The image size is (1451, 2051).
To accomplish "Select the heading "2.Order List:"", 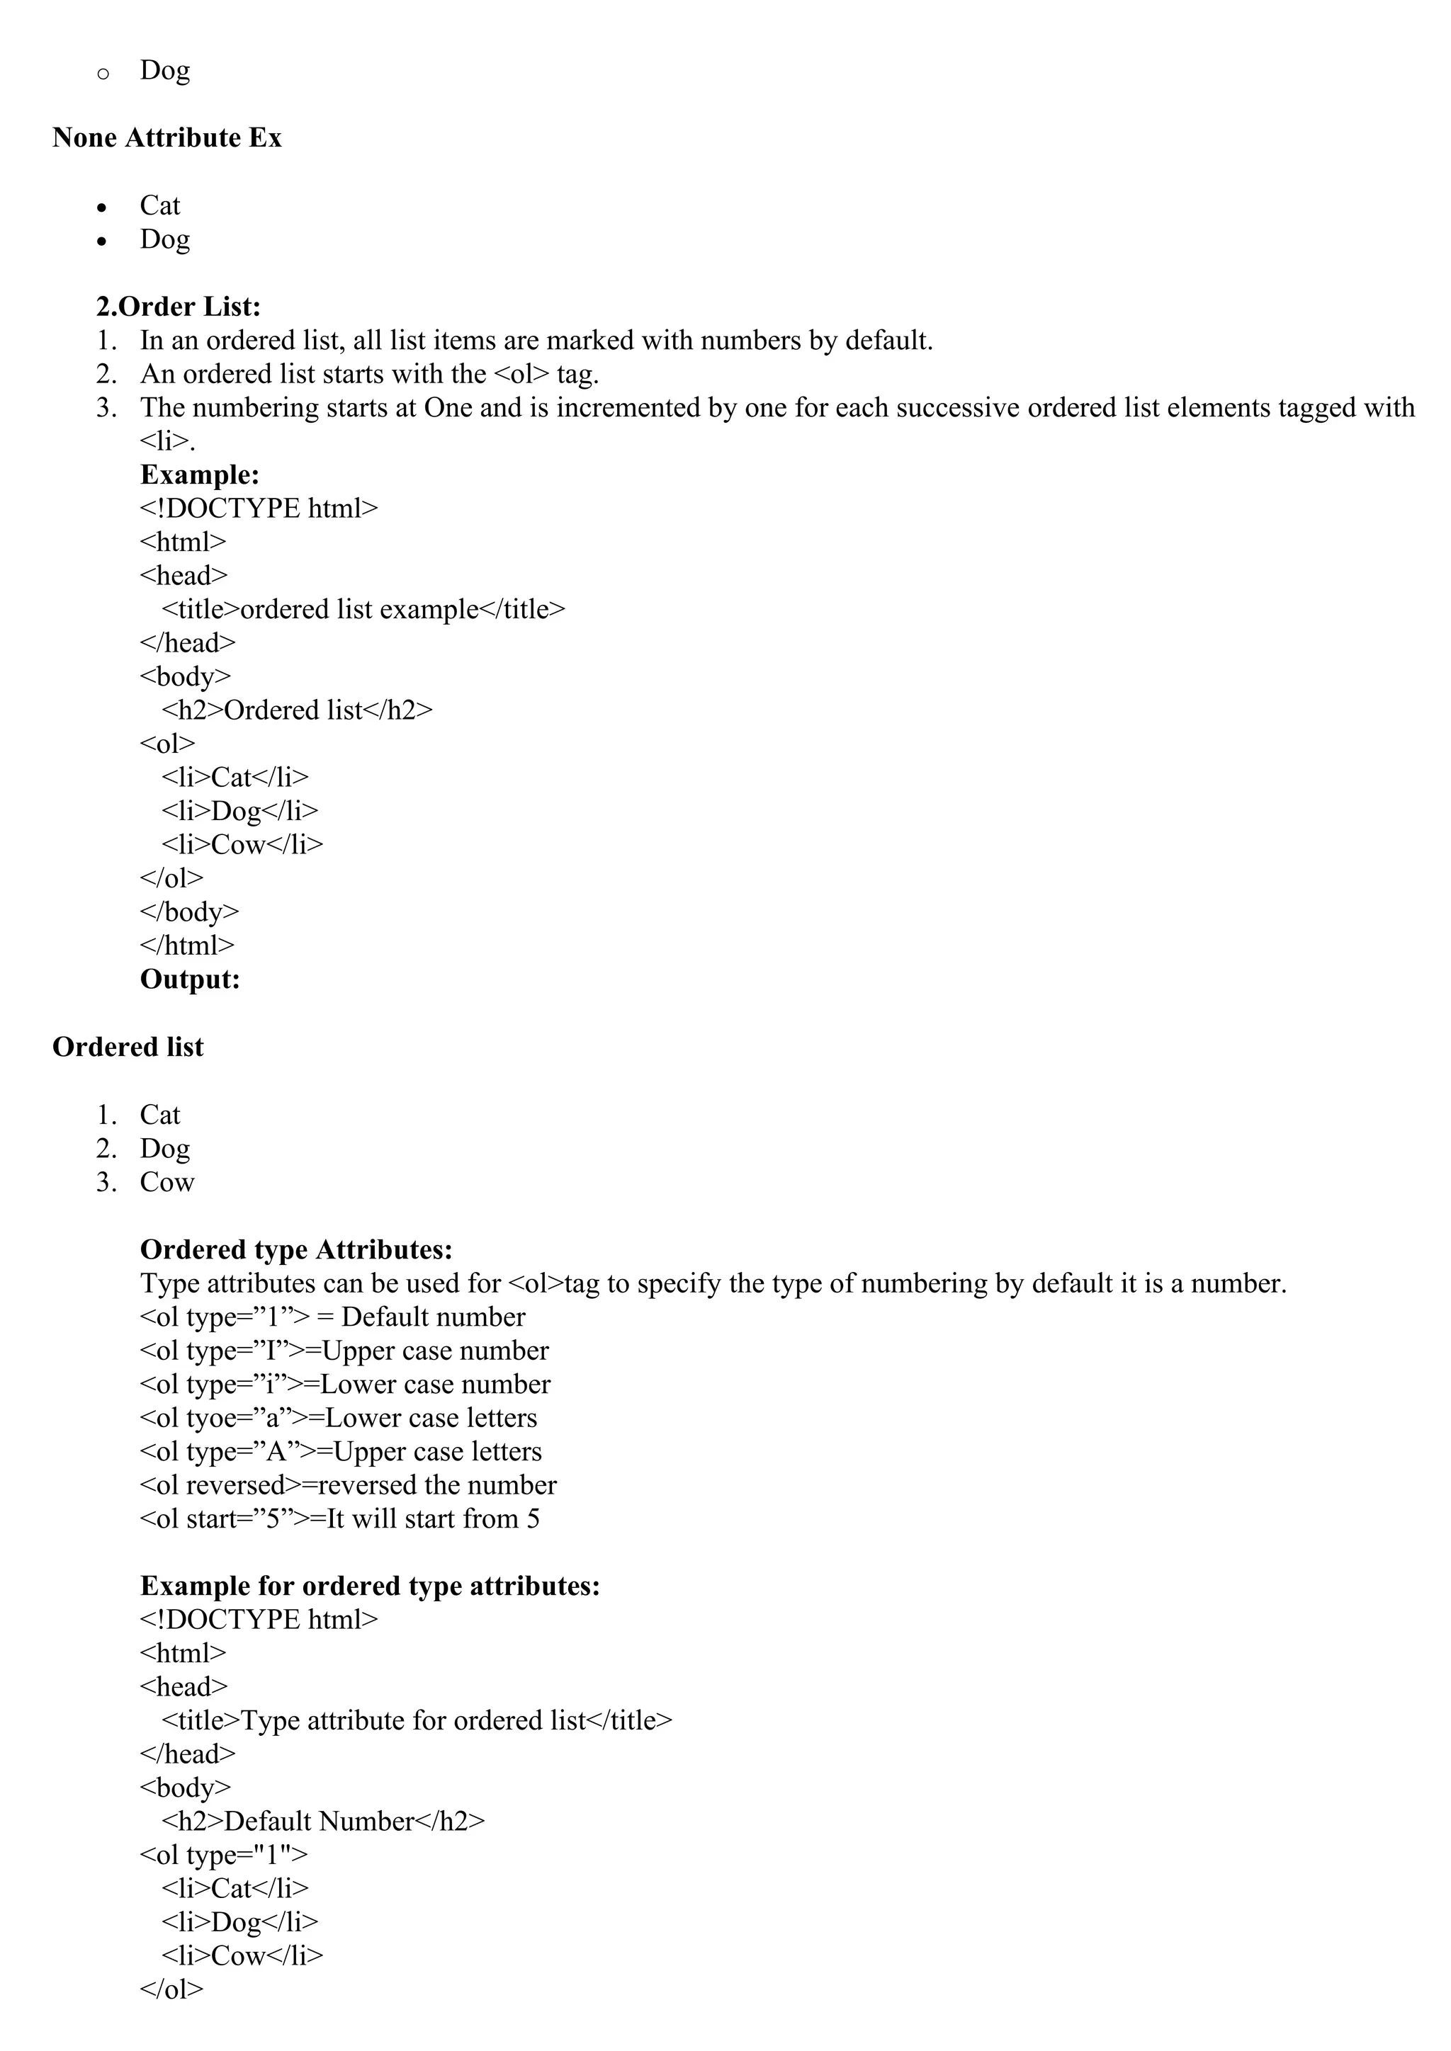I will coord(179,307).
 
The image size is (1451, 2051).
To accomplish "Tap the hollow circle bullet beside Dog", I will coord(103,73).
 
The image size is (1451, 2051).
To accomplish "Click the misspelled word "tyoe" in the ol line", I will coord(212,1418).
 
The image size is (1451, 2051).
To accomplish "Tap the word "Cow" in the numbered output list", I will coord(167,1182).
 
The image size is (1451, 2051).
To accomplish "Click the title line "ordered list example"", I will coord(363,609).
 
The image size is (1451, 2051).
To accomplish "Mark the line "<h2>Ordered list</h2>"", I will coord(297,710).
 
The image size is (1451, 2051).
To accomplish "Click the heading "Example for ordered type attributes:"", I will coord(370,1586).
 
